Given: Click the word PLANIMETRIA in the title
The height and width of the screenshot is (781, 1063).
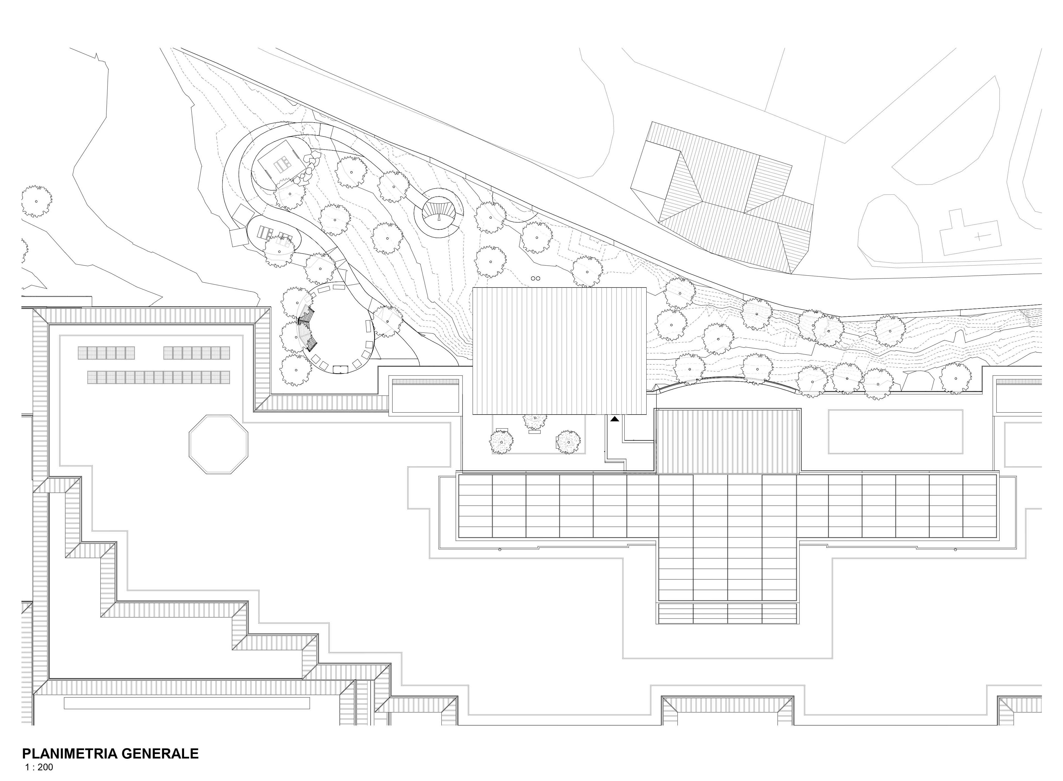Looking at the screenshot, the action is point(70,753).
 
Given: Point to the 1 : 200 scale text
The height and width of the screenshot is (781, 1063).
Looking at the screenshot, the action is point(39,767).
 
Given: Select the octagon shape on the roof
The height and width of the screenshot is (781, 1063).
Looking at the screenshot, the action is point(218,444).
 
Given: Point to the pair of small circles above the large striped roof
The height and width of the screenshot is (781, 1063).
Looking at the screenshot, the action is point(536,279).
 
